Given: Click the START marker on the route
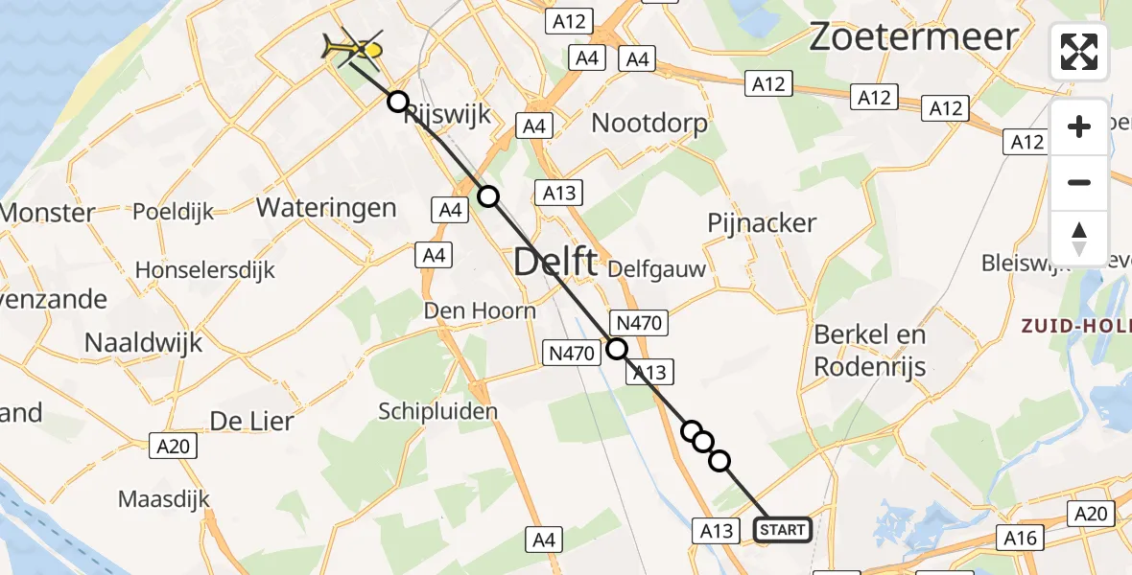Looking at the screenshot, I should tap(784, 529).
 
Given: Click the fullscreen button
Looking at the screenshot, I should tap(1079, 52).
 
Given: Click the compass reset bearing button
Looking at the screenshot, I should tap(1079, 237).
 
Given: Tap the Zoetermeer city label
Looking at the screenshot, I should tap(913, 37).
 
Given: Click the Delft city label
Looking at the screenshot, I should tap(556, 262).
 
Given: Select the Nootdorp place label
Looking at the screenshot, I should tap(649, 123).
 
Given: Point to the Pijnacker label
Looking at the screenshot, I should tap(761, 223).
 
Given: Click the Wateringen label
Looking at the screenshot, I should tap(326, 207).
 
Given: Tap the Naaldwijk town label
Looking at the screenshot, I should tap(143, 342).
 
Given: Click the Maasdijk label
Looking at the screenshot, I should tap(163, 498).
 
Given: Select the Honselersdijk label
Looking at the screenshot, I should tap(204, 270).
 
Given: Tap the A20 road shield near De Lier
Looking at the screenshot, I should tap(174, 445).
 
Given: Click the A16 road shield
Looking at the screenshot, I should tap(1020, 538).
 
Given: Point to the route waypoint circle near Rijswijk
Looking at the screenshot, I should tap(397, 102).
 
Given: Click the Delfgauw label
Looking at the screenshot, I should tap(656, 269).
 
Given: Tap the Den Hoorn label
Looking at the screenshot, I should tap(480, 310).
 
